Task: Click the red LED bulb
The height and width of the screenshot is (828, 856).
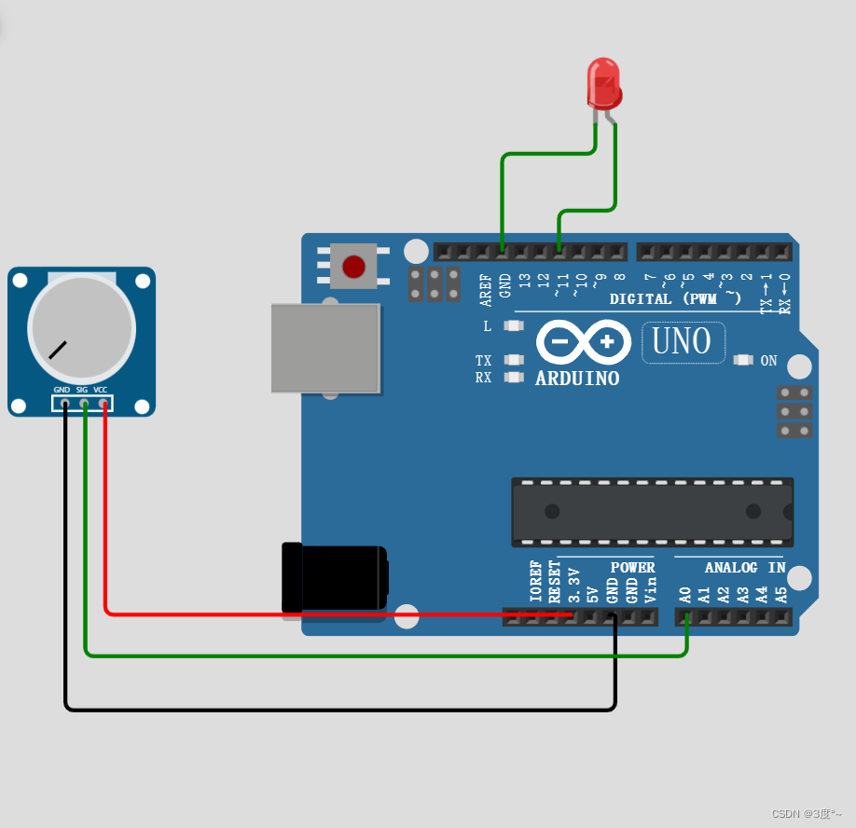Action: pos(603,82)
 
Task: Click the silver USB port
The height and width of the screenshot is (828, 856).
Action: pos(325,348)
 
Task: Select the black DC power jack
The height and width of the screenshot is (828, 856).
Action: pos(334,579)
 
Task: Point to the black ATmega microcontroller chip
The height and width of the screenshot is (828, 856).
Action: pos(652,512)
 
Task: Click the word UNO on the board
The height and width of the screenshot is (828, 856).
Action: pos(683,342)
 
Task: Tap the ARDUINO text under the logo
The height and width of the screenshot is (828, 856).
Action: pos(577,379)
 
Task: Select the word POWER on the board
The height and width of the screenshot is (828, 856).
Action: pos(632,567)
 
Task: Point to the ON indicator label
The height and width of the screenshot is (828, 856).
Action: pos(768,361)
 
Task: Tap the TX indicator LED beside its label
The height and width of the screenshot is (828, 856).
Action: pos(514,360)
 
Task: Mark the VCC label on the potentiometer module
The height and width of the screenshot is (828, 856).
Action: pos(101,390)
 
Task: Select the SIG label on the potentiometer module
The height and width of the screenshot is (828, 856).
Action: pos(82,390)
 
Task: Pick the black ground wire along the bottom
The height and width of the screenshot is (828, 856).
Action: pos(336,710)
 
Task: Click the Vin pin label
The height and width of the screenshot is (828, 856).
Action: pos(652,587)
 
